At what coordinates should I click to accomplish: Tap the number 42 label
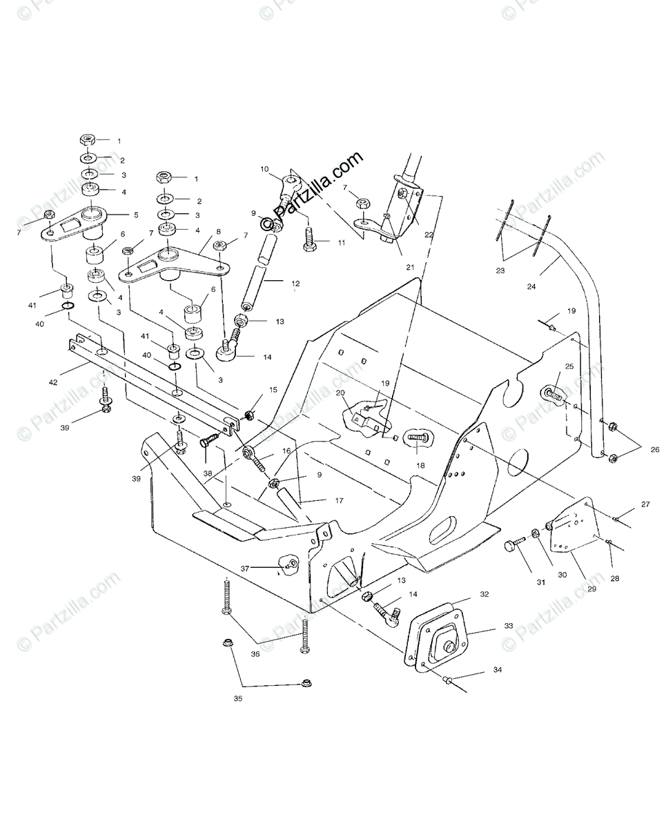[x=54, y=381]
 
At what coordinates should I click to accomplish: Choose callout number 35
[x=239, y=699]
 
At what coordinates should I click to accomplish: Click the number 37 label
[x=244, y=569]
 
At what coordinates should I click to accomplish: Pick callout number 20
[x=340, y=393]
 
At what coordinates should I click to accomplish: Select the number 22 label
[x=429, y=235]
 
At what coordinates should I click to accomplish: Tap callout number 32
[x=484, y=593]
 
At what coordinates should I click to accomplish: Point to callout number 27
[x=645, y=504]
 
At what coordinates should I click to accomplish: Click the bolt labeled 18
[x=417, y=437]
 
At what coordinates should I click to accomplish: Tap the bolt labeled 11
[x=308, y=239]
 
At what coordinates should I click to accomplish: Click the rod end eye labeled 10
[x=291, y=184]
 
